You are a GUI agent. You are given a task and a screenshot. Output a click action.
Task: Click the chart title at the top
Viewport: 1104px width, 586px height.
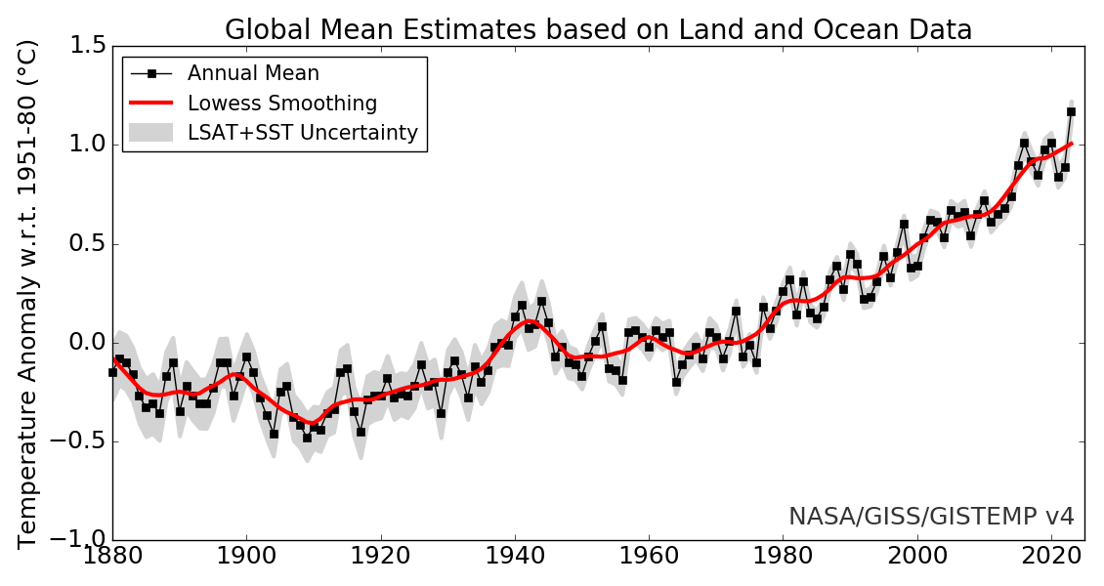click(598, 30)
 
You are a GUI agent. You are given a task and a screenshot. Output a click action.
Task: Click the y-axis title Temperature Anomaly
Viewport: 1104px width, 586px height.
click(27, 293)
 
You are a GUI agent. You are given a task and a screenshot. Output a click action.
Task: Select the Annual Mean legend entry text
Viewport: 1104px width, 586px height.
click(253, 73)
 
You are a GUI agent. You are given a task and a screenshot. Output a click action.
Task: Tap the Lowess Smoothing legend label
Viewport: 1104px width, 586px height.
click(282, 104)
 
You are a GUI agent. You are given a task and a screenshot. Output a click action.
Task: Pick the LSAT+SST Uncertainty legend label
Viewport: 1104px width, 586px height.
click(302, 133)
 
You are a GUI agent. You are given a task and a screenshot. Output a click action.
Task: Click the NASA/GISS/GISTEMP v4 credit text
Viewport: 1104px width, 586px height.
click(930, 517)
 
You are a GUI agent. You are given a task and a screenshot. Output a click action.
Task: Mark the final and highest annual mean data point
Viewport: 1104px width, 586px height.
click(1071, 111)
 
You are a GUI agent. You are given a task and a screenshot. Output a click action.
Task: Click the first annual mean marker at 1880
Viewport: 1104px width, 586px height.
click(112, 372)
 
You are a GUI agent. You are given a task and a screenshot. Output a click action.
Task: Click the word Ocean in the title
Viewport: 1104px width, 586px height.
click(839, 30)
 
